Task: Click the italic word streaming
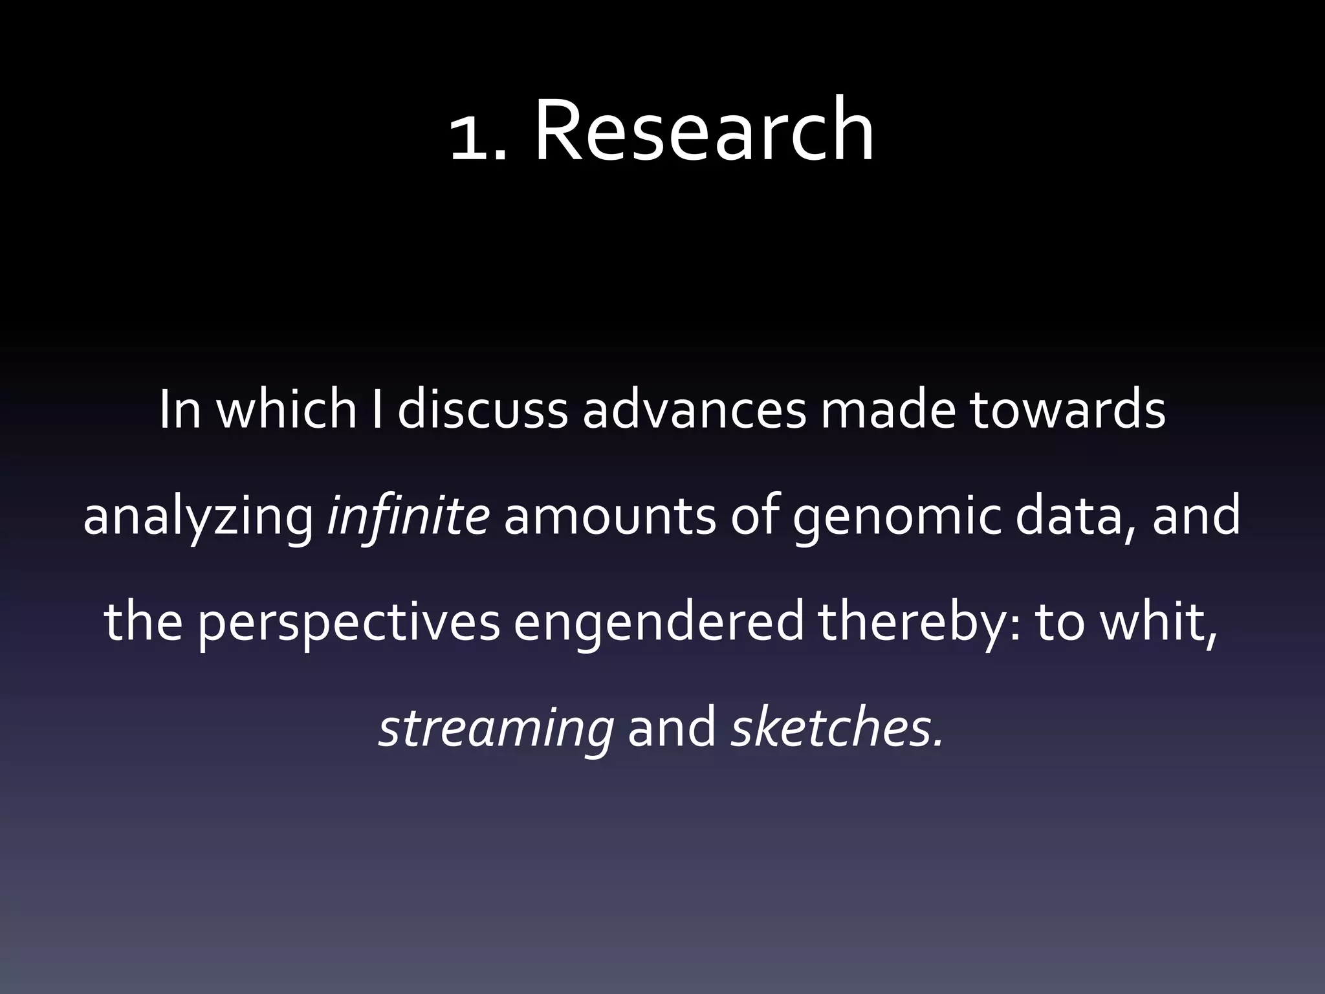tap(496, 729)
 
